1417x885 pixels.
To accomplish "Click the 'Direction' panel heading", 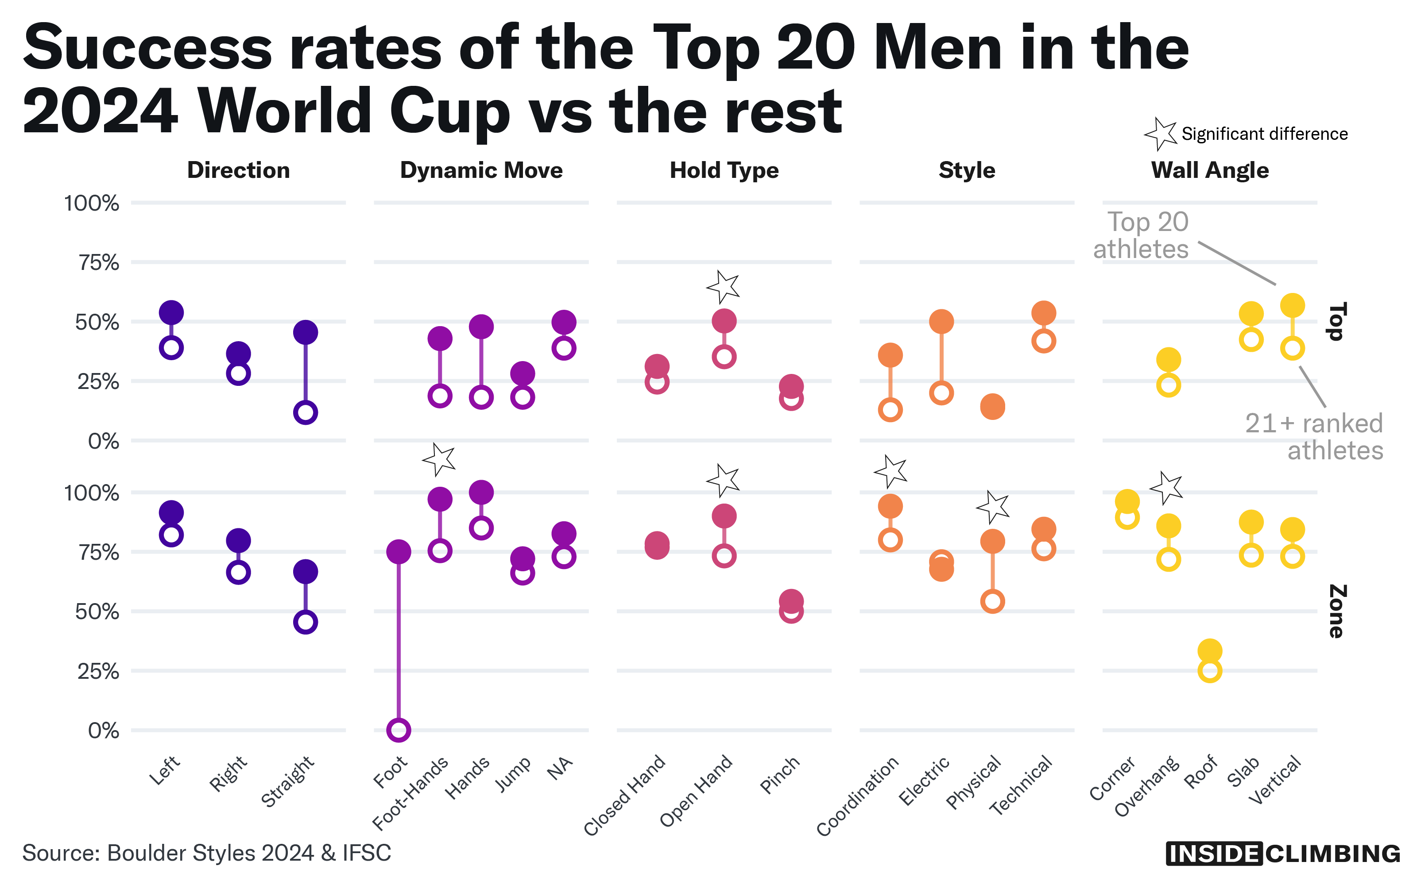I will [x=238, y=170].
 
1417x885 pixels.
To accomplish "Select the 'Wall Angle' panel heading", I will [x=1210, y=170].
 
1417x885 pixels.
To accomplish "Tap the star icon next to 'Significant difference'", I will [x=1161, y=134].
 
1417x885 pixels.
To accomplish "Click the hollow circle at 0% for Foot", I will [x=398, y=730].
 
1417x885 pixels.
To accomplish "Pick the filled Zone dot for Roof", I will [x=1210, y=650].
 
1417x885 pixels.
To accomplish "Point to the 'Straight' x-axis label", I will [x=288, y=781].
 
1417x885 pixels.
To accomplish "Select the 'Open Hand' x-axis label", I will [x=697, y=790].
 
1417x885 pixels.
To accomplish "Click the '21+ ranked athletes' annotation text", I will [x=1315, y=437].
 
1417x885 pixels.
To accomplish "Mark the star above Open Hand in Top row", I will [x=724, y=287].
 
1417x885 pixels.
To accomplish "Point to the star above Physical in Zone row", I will [x=993, y=507].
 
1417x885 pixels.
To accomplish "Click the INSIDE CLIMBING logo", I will [x=1283, y=854].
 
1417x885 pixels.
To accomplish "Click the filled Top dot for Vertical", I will [x=1292, y=305].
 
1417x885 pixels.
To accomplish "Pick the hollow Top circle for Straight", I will [x=306, y=412].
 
